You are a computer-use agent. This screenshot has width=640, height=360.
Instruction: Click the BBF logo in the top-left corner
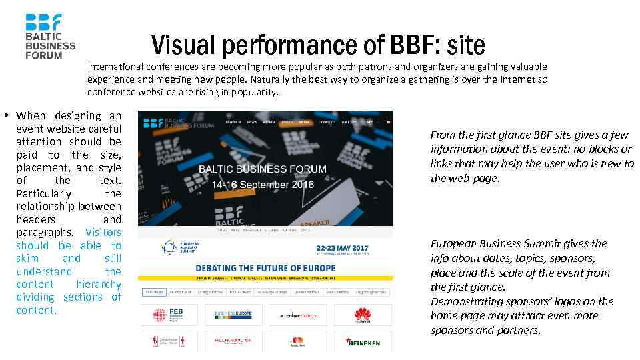[50, 36]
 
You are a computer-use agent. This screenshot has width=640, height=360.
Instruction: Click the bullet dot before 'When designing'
[6, 116]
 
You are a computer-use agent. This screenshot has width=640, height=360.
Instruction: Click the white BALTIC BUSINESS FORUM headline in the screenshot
[263, 169]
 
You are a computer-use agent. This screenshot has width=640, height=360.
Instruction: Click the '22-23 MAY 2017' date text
[342, 246]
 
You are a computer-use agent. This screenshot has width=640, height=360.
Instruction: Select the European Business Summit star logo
[168, 247]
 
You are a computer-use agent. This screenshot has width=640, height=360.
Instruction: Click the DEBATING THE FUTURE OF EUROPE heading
[265, 268]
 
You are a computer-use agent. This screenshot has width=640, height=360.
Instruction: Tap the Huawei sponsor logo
[362, 315]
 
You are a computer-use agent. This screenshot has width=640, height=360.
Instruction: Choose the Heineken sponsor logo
[363, 342]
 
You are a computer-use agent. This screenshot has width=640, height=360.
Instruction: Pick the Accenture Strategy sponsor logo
[297, 315]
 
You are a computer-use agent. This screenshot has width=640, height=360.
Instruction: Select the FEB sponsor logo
[167, 315]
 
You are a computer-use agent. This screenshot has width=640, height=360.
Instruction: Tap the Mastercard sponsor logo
[297, 341]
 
